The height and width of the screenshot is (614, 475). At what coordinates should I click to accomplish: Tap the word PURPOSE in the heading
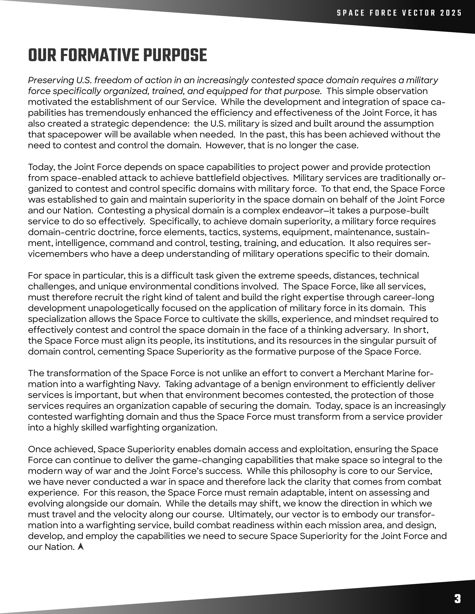175,55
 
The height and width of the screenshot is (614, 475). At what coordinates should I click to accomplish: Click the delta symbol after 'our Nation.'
81,547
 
